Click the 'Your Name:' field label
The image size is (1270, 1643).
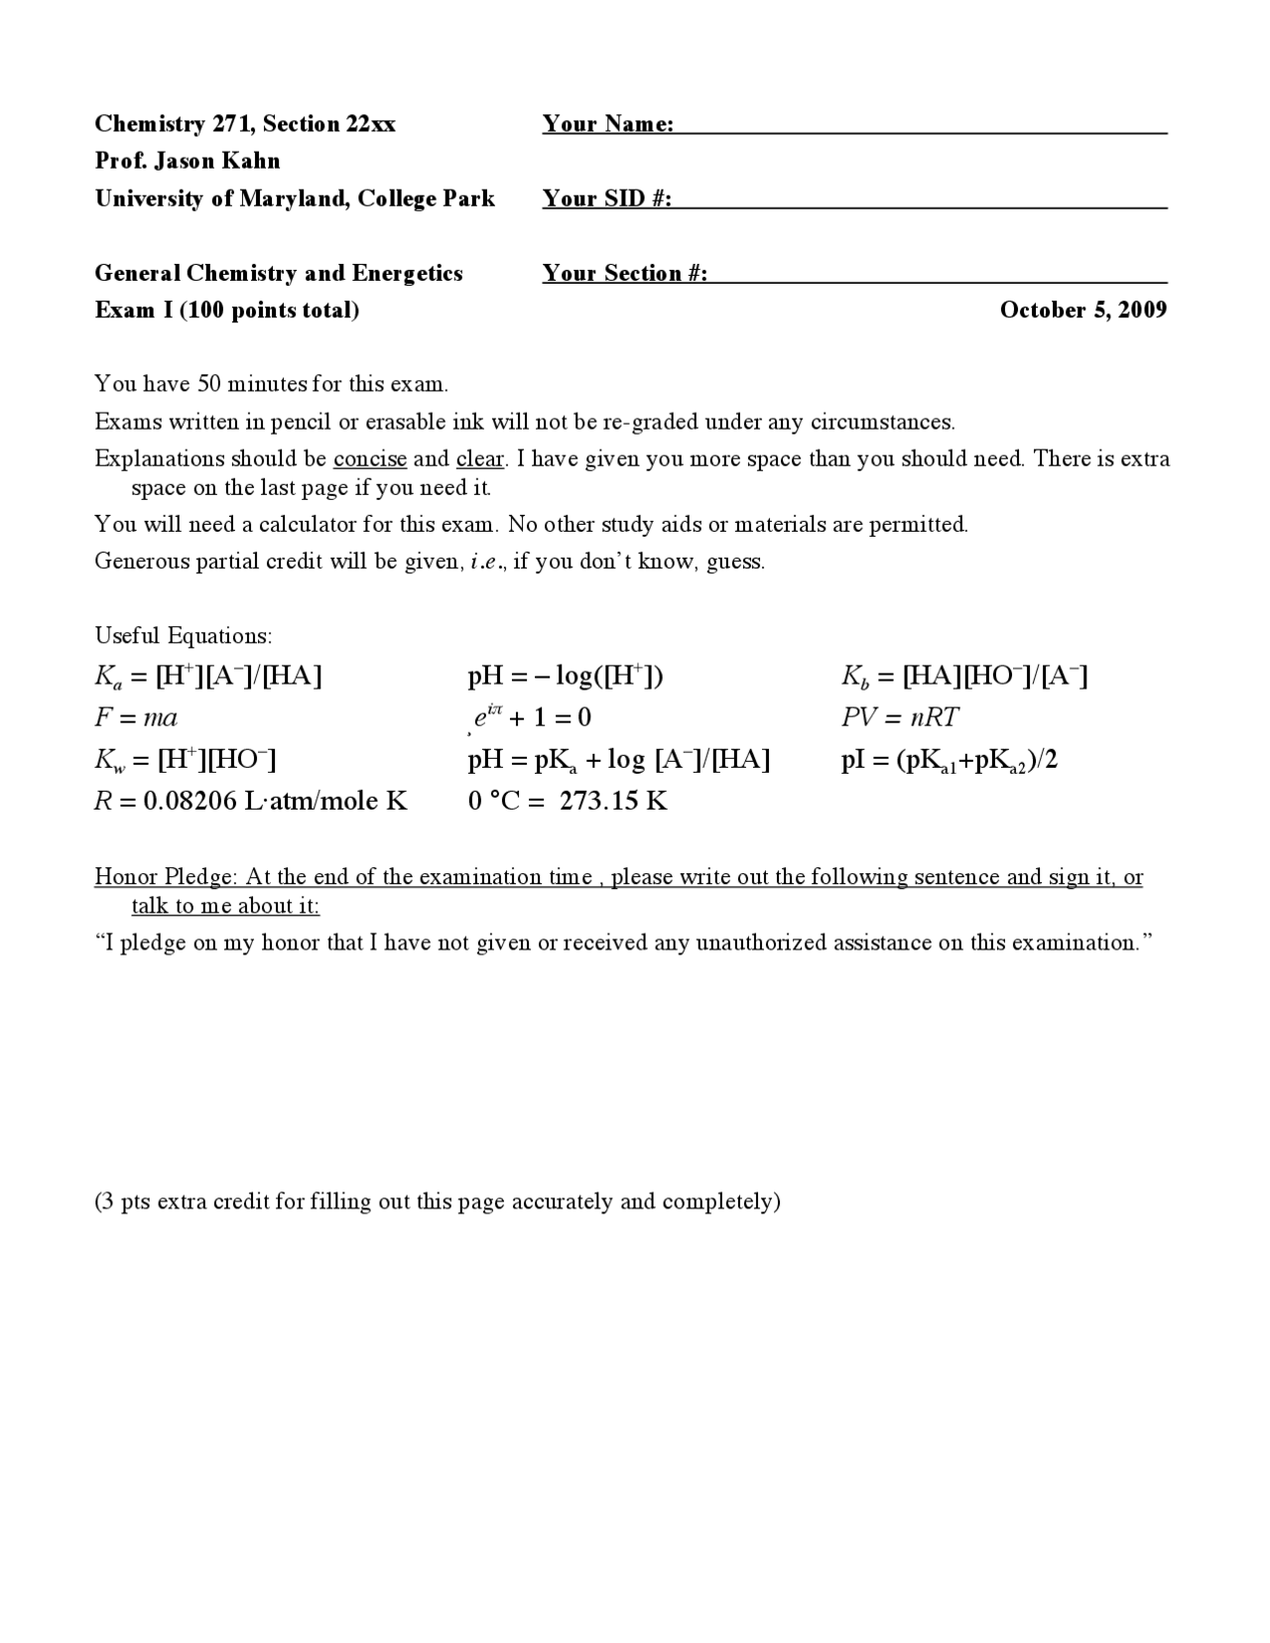point(607,124)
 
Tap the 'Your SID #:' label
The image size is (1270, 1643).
point(606,198)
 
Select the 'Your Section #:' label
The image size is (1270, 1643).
point(624,274)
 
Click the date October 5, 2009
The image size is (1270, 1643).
point(1082,311)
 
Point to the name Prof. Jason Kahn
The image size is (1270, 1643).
point(188,161)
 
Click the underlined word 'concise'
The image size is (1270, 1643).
point(370,459)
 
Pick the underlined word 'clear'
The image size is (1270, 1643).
point(480,459)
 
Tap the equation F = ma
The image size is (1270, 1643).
point(136,717)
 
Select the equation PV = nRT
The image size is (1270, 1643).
point(900,717)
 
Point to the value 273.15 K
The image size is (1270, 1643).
point(613,801)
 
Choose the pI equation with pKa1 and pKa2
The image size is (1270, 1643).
point(949,761)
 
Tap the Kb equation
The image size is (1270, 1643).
point(963,677)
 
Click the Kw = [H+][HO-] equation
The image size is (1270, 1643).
point(185,761)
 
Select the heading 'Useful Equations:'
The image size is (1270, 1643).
point(184,636)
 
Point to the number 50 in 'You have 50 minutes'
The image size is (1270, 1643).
point(210,385)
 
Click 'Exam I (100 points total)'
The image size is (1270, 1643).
point(227,311)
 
